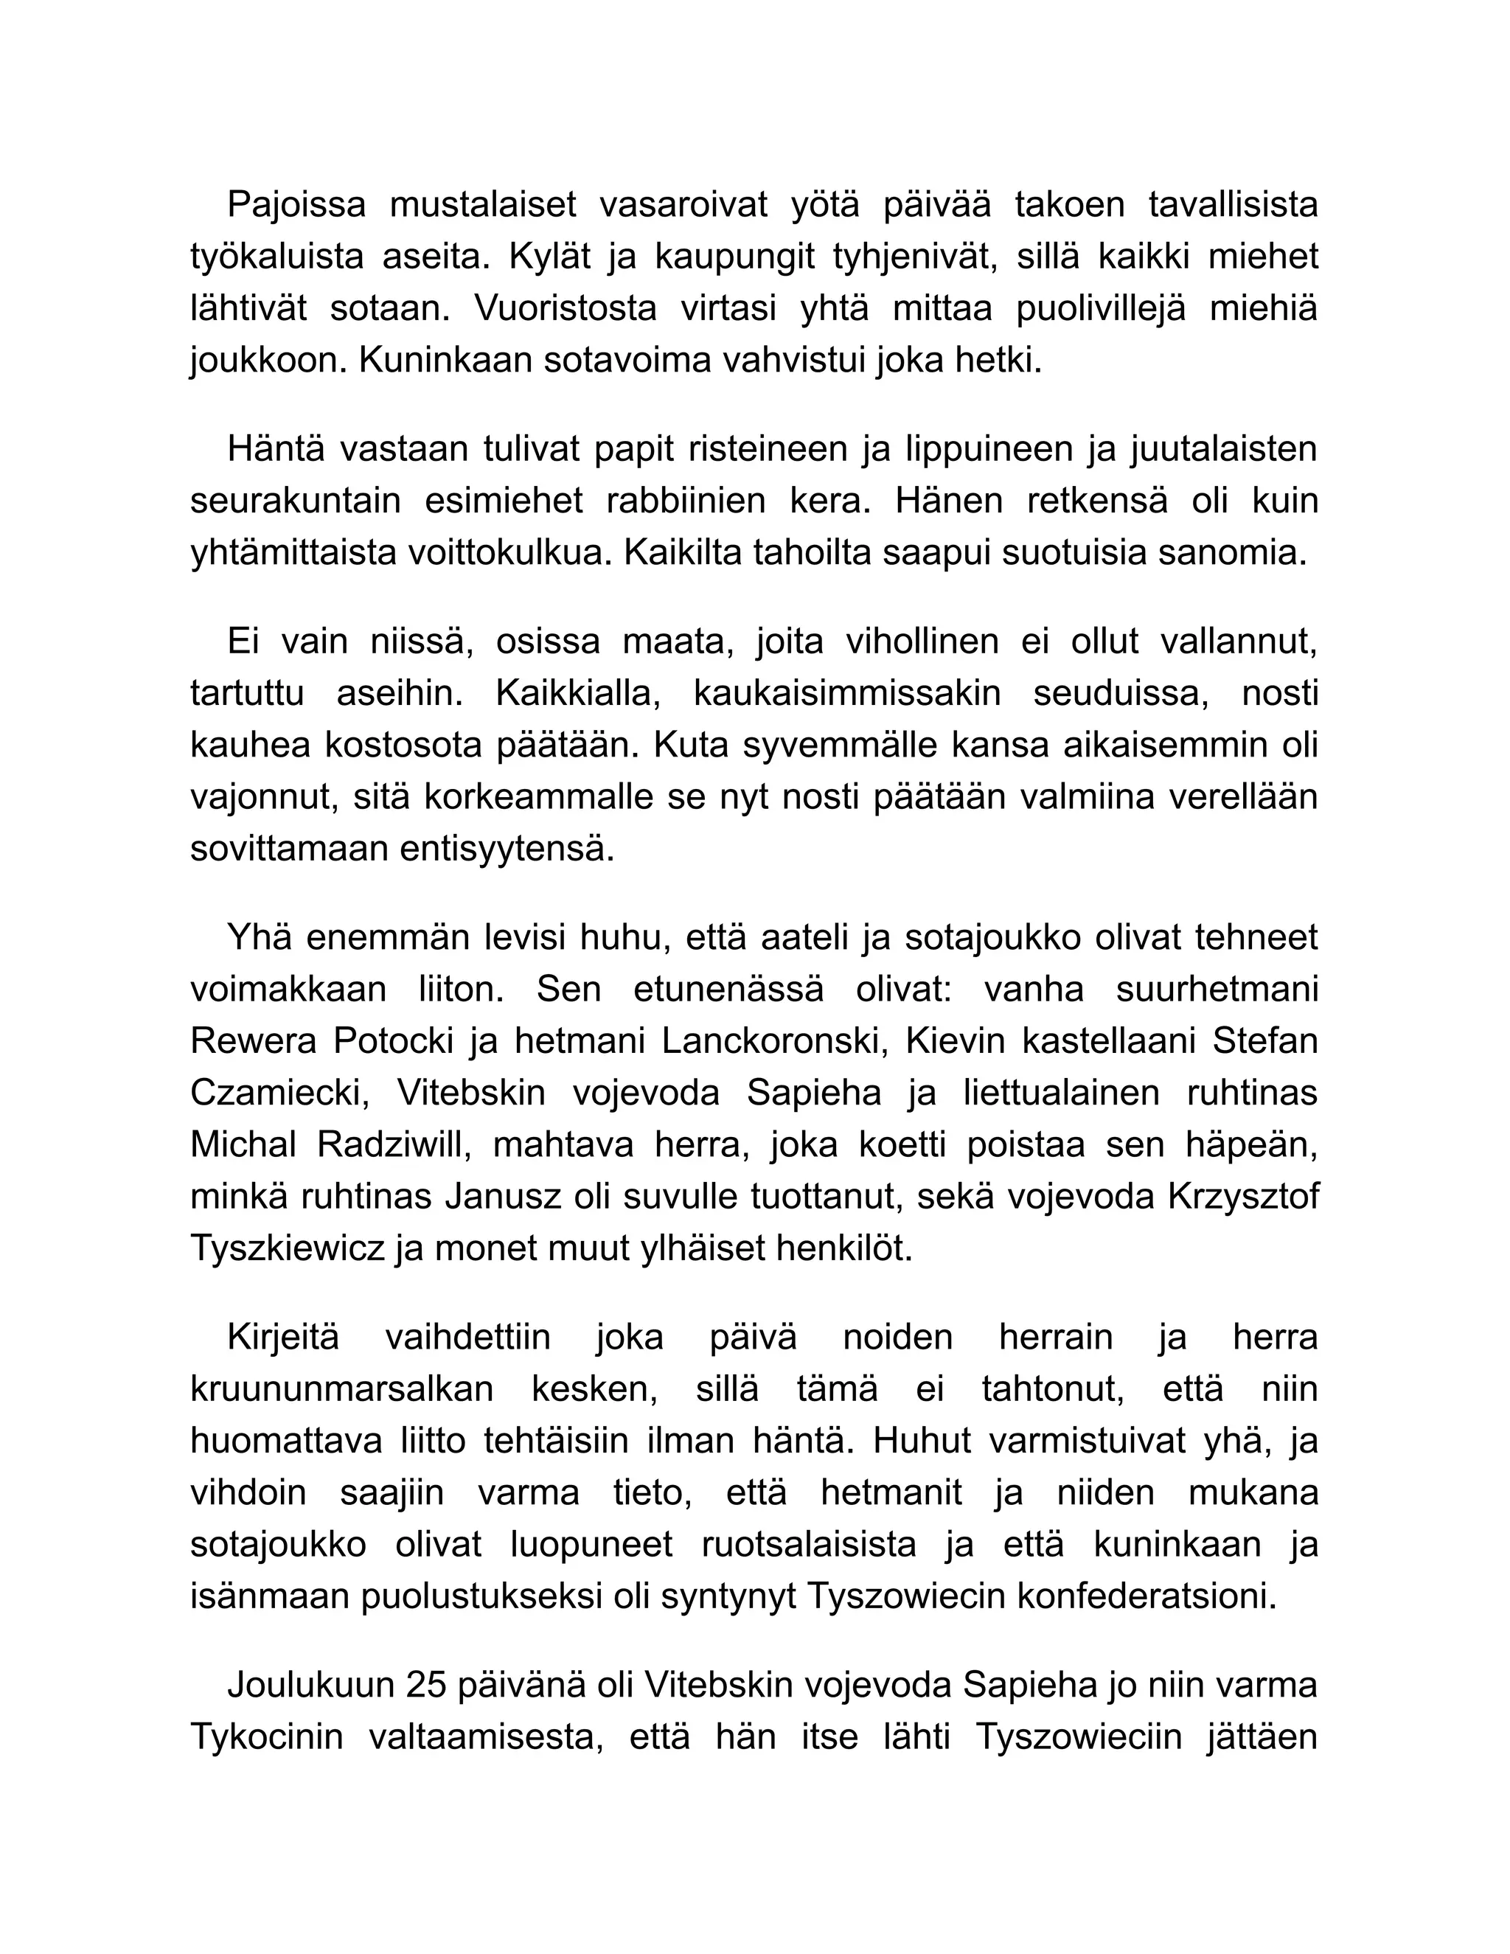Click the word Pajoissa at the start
click(x=296, y=205)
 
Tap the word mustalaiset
click(x=482, y=205)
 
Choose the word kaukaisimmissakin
click(x=846, y=693)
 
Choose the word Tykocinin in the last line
click(x=267, y=1736)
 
